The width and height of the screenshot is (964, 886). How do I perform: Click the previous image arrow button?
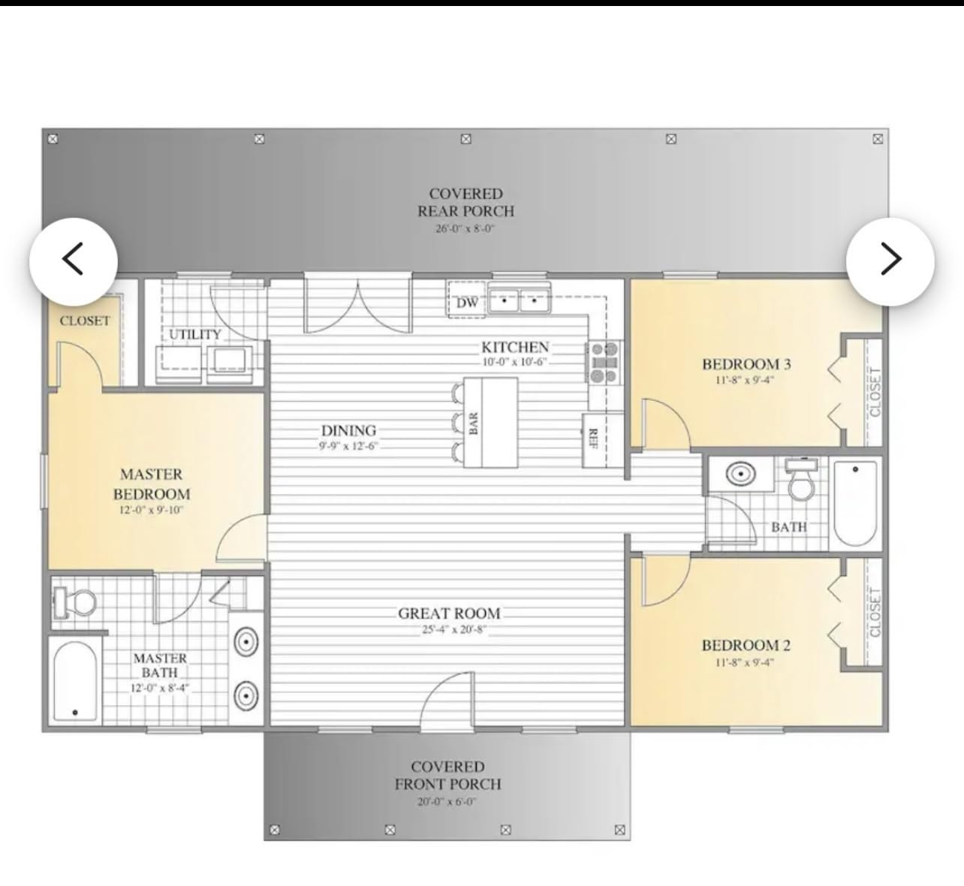pyautogui.click(x=73, y=261)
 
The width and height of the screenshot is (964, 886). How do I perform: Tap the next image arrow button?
pyautogui.click(x=890, y=261)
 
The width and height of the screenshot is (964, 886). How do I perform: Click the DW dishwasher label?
pyautogui.click(x=467, y=303)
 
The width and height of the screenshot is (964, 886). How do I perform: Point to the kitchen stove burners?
pyautogui.click(x=604, y=362)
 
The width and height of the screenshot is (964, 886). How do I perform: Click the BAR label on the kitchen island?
pyautogui.click(x=473, y=423)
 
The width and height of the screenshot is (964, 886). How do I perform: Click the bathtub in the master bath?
pyautogui.click(x=75, y=682)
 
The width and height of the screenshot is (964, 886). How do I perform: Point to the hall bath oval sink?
pyautogui.click(x=740, y=474)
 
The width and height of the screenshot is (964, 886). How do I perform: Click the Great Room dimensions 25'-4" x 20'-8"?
pyautogui.click(x=454, y=629)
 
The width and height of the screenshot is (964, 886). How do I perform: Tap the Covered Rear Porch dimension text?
pyautogui.click(x=465, y=228)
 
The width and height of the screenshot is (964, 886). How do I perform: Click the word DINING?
pyautogui.click(x=348, y=430)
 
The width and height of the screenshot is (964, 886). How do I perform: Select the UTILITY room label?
pyautogui.click(x=194, y=334)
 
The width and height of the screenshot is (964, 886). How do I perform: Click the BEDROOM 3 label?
pyautogui.click(x=746, y=364)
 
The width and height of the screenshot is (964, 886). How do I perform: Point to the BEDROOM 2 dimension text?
pyautogui.click(x=744, y=662)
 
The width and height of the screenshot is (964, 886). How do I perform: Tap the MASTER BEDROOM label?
pyautogui.click(x=152, y=484)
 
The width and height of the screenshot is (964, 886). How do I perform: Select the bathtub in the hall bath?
pyautogui.click(x=855, y=503)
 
